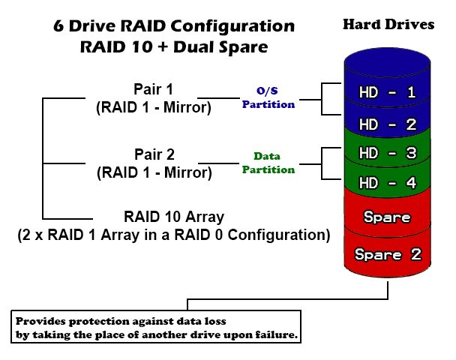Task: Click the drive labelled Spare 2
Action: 387,254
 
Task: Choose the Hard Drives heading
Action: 388,24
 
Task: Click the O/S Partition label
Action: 268,97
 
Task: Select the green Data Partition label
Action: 268,163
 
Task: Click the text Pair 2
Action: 153,155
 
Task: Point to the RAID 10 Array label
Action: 173,217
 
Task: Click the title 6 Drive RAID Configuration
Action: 173,25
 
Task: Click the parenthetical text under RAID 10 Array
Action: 173,235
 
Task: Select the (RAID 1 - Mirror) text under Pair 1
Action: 153,107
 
